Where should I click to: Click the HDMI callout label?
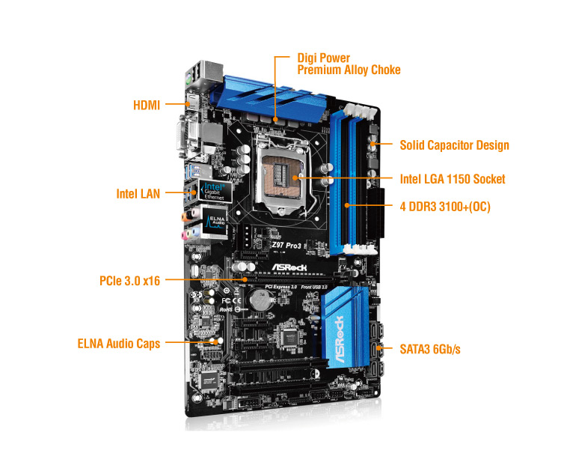[x=147, y=105]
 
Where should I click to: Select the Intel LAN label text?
[x=138, y=193]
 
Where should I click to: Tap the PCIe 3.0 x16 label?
[x=129, y=281]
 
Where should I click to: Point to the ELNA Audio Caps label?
[x=119, y=344]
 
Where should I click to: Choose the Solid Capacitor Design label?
[x=454, y=145]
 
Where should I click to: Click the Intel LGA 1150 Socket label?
[x=453, y=179]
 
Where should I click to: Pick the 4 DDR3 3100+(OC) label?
[x=444, y=206]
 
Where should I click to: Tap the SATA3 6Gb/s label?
[x=429, y=349]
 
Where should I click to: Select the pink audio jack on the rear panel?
[x=185, y=233]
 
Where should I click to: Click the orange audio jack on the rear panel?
[x=184, y=216]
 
